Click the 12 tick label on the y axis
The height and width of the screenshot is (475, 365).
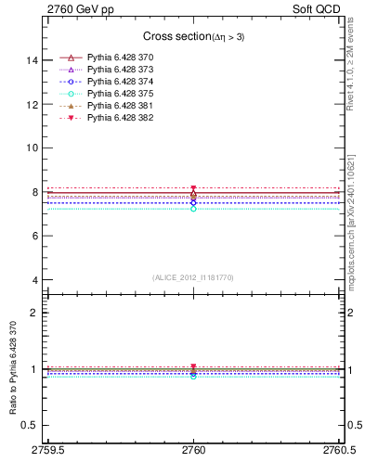[33, 104]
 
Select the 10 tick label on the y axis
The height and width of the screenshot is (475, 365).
[33, 148]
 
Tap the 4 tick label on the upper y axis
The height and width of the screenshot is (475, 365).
[36, 280]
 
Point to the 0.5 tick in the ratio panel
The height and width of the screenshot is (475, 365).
[32, 425]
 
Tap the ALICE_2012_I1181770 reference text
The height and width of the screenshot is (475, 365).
[193, 276]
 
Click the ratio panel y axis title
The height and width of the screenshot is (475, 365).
[12, 379]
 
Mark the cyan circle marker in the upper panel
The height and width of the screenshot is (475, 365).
[193, 209]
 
